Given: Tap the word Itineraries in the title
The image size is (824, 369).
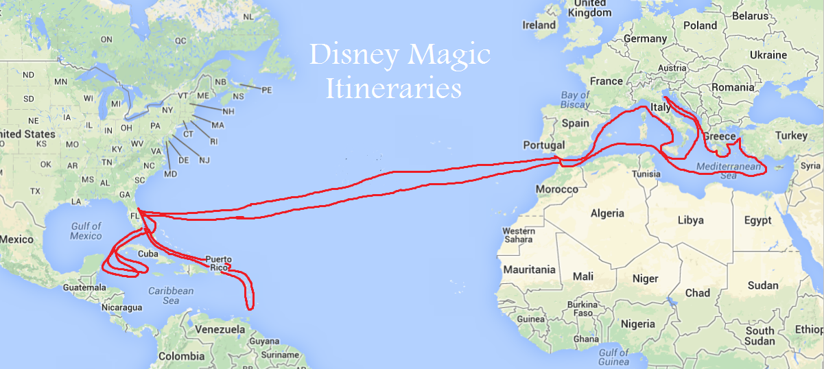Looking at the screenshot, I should click(393, 88).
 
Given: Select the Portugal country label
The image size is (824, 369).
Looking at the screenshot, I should click(543, 145).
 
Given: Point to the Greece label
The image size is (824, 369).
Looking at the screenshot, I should click(718, 136).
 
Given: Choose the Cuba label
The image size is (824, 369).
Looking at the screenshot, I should click(148, 253).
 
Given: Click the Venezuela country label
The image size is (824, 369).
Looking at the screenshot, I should click(220, 330).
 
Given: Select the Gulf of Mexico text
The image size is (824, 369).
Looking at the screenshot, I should click(86, 231).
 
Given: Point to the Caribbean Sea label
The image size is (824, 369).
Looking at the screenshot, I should click(172, 296).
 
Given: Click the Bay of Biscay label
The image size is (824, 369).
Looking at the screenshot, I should click(575, 99).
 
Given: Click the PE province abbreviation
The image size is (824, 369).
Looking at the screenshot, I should click(267, 90).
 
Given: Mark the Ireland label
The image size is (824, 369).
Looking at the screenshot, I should click(539, 25).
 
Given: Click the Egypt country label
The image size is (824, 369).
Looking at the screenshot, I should click(758, 220).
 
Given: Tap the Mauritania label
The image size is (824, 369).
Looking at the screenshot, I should click(528, 270).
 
